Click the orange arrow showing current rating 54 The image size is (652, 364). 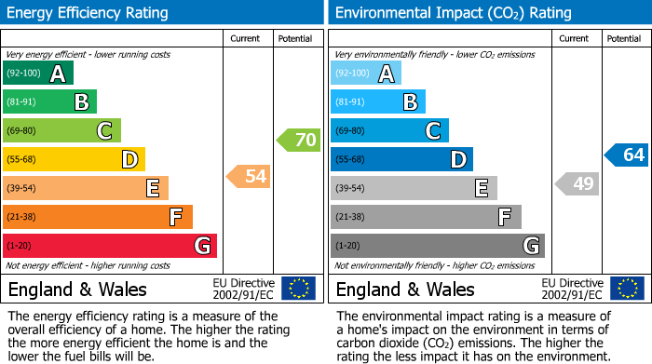click(x=250, y=176)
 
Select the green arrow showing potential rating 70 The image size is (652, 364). click(x=299, y=141)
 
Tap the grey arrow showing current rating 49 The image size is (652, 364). click(x=577, y=183)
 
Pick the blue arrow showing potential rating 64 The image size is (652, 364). click(x=627, y=155)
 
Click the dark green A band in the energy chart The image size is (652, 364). click(x=38, y=74)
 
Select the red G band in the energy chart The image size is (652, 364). click(x=110, y=246)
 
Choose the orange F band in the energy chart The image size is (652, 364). click(x=98, y=217)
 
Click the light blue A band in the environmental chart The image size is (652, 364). click(x=366, y=74)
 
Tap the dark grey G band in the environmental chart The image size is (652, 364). click(x=438, y=246)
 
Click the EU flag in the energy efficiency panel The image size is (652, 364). click(x=298, y=288)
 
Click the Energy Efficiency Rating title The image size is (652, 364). click(x=89, y=13)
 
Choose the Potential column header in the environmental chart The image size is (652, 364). click(x=623, y=38)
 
